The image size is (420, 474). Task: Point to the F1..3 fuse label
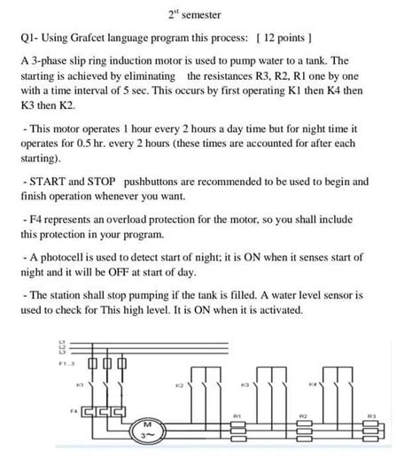pos(66,363)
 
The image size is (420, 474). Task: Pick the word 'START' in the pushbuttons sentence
pos(50,181)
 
